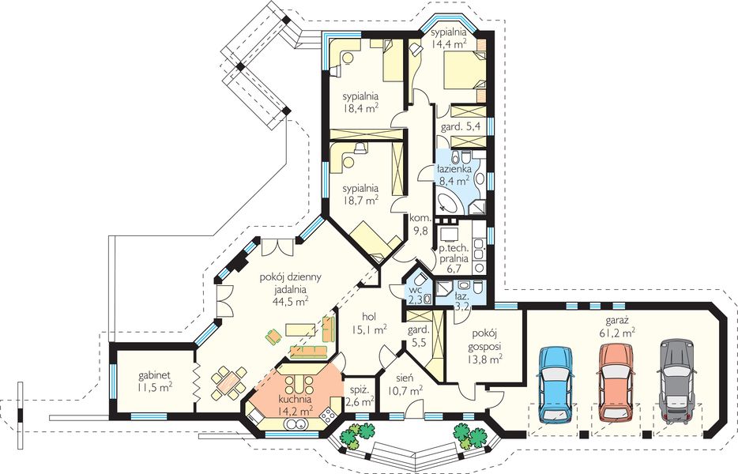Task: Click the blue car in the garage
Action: coord(556,383)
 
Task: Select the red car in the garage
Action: coord(616,382)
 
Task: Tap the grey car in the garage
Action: coord(677,382)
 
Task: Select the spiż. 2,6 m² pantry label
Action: coord(360,396)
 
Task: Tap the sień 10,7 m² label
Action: coord(405,384)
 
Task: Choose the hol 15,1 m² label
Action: coord(370,323)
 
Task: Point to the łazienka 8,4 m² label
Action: coord(454,174)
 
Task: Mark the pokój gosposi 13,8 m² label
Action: coord(484,347)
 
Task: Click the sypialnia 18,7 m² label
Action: coord(360,194)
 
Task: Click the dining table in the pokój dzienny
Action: coord(228,382)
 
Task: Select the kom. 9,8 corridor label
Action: coord(420,224)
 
